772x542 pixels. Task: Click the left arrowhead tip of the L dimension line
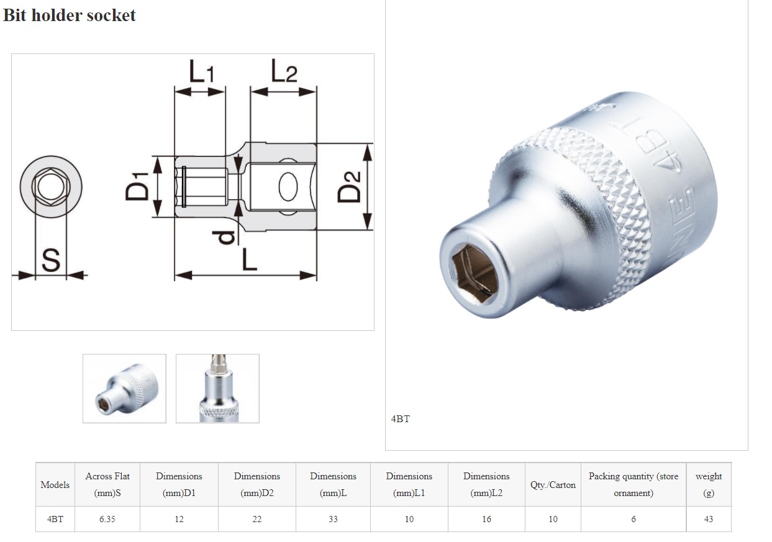click(x=175, y=275)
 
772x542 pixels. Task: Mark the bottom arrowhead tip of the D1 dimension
click(x=157, y=217)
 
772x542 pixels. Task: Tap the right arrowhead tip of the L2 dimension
click(x=316, y=92)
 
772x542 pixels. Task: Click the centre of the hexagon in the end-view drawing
click(x=51, y=187)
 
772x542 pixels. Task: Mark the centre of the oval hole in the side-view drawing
click(x=288, y=187)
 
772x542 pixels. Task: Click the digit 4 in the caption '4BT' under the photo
click(x=394, y=419)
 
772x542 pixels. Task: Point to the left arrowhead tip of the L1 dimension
click(x=175, y=92)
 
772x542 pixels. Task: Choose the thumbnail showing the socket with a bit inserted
click(x=217, y=388)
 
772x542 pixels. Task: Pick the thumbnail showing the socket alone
click(x=124, y=388)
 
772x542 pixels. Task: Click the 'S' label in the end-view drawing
click(x=51, y=260)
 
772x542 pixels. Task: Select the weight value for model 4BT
click(x=708, y=519)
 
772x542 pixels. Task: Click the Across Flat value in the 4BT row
click(x=107, y=519)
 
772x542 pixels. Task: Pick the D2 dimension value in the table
click(x=257, y=519)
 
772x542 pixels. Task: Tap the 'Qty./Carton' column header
click(x=553, y=485)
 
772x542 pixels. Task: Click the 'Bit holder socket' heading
click(x=70, y=15)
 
